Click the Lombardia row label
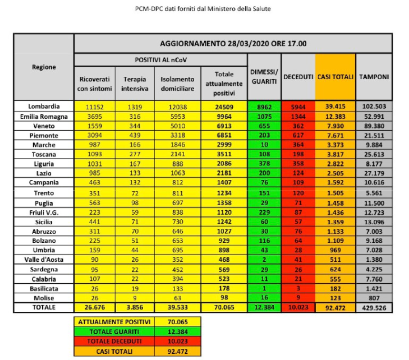44,107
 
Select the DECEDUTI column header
298,77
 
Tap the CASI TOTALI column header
335,77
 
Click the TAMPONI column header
374,77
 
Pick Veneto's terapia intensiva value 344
135,126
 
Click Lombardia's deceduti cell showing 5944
298,107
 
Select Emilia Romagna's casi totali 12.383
335,117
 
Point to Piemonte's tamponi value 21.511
374,136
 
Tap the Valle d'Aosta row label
44,260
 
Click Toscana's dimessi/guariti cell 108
264,154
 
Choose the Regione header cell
44,67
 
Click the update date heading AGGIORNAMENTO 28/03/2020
214,43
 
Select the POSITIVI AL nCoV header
160,60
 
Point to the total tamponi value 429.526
374,308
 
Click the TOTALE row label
44,307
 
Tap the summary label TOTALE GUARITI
114,332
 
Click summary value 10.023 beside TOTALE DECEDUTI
178,341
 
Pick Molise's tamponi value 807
374,298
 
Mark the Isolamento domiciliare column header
177,84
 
